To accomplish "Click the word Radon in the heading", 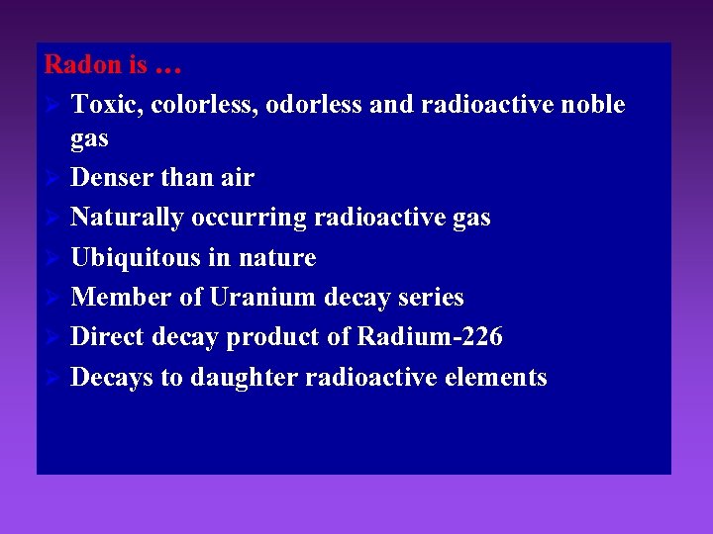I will (x=83, y=65).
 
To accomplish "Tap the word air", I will (x=238, y=178).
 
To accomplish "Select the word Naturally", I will (x=127, y=218).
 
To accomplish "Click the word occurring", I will (x=243, y=219).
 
